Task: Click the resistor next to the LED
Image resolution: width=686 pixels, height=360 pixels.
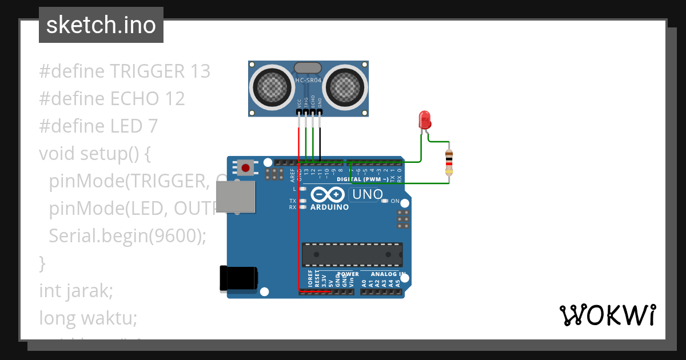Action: pyautogui.click(x=449, y=162)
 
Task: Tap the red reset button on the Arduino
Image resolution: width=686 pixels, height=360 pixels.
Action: pyautogui.click(x=246, y=167)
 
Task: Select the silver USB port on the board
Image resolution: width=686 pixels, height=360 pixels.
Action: pyautogui.click(x=235, y=197)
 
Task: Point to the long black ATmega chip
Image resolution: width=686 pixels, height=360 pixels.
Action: pyautogui.click(x=352, y=254)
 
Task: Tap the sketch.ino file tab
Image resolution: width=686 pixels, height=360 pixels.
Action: pyautogui.click(x=101, y=25)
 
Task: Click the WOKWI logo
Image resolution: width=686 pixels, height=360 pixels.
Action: pyautogui.click(x=607, y=315)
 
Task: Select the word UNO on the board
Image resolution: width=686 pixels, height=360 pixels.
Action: pyautogui.click(x=368, y=194)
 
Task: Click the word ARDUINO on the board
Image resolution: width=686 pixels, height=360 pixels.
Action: pyautogui.click(x=329, y=207)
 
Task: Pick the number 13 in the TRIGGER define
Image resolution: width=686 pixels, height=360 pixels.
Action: pyautogui.click(x=201, y=71)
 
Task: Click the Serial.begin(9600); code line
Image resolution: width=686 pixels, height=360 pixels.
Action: pyautogui.click(x=127, y=235)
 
